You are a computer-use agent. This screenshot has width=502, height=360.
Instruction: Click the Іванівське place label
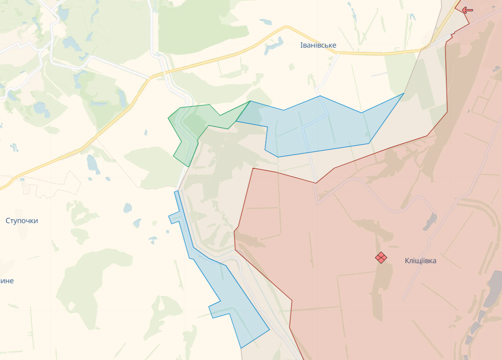318,45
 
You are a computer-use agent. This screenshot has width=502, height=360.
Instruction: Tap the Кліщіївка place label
420,261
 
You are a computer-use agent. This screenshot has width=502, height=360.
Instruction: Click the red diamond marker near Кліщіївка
381,257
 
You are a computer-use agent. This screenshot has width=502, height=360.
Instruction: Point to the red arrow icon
467,10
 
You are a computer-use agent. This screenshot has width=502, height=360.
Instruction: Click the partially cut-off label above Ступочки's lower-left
6,281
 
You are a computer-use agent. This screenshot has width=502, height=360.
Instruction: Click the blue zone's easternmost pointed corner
404,94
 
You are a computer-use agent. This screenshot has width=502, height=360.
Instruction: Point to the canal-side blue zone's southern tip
241,347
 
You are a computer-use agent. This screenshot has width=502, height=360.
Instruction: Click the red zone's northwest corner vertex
253,169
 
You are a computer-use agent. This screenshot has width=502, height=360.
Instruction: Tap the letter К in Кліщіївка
407,261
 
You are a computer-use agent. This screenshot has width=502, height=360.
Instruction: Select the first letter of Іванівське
301,45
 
